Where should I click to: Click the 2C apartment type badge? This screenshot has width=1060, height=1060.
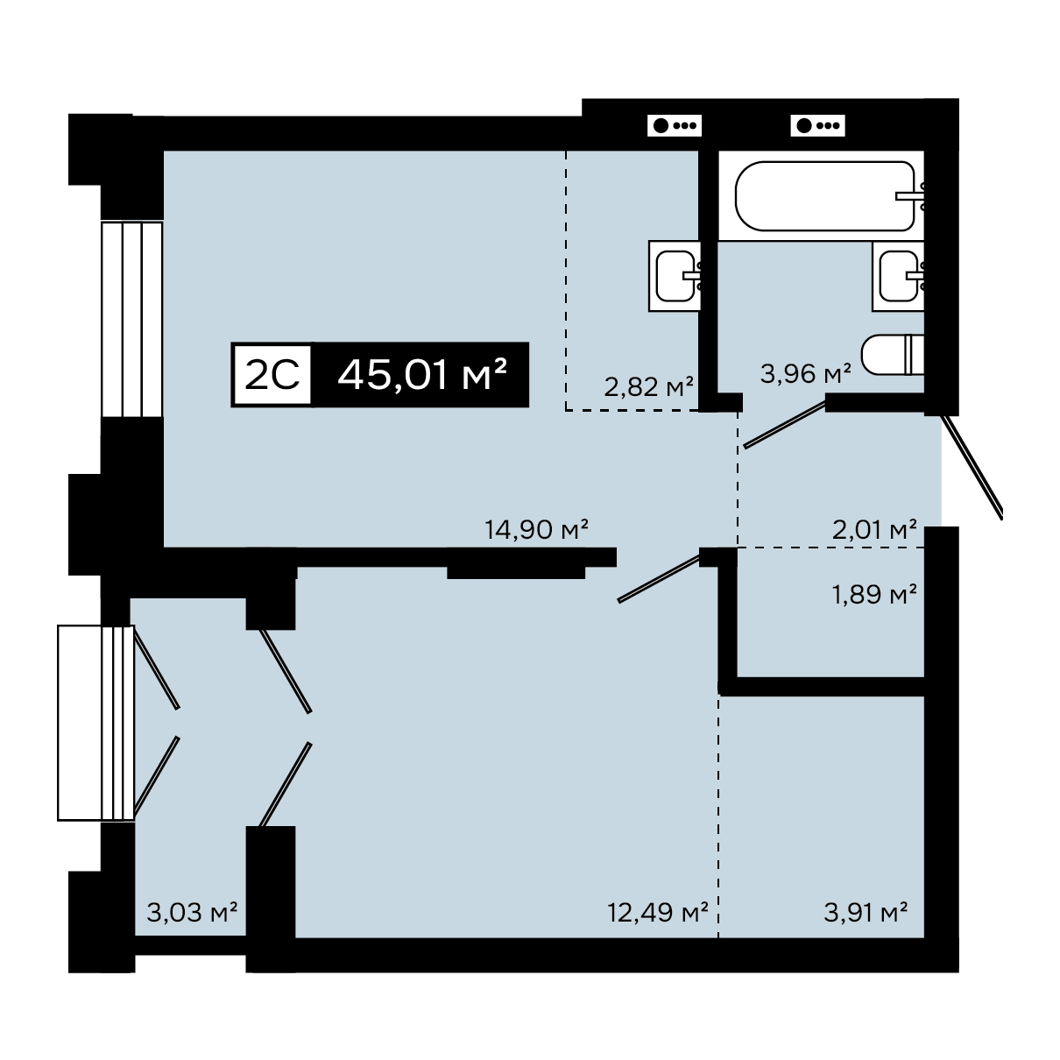pos(272,375)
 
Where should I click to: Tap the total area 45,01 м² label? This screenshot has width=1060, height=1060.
pos(422,375)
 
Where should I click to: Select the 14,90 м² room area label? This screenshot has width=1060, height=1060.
pos(536,529)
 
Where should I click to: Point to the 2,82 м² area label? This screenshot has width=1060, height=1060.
pos(648,386)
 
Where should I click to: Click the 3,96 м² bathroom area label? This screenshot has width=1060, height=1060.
pos(806,373)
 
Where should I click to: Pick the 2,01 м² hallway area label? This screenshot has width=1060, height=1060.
pos(874,529)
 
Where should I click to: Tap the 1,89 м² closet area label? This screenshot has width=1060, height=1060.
pos(874,594)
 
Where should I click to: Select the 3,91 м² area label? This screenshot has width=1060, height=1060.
pos(866,913)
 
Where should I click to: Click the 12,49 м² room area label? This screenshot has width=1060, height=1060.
pos(657,913)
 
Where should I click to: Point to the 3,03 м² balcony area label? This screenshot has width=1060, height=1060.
pos(192,913)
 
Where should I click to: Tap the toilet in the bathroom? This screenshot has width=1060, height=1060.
pos(893,355)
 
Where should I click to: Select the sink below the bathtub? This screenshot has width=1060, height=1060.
pos(898,276)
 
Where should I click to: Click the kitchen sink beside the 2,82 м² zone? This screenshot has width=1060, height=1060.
pos(675,276)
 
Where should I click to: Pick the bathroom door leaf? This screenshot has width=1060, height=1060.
pos(785,424)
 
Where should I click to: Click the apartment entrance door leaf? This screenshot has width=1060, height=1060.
pos(972,467)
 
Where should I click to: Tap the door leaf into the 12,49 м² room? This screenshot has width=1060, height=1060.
pos(659,578)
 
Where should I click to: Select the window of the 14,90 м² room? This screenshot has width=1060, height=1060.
pos(132,319)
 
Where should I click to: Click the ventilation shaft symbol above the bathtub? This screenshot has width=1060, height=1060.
pos(817,125)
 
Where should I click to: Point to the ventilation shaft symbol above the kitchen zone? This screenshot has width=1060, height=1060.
pos(675,125)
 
